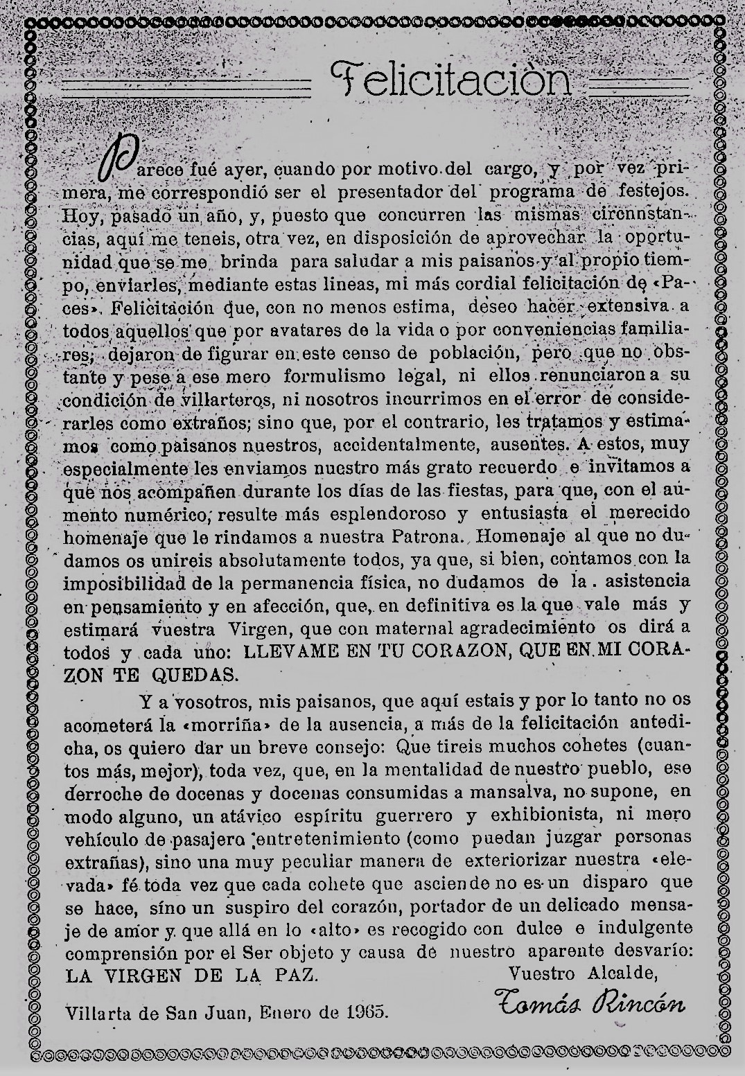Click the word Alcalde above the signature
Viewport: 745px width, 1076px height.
point(620,973)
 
